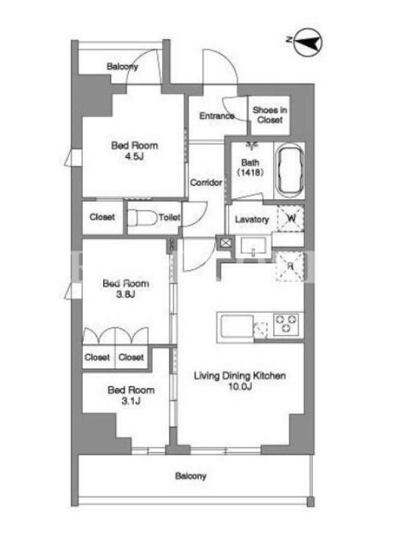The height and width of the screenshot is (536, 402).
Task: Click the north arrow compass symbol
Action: pos(308,42)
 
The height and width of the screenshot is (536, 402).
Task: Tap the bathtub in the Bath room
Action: pos(290,171)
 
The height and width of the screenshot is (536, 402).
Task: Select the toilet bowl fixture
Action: pos(142,217)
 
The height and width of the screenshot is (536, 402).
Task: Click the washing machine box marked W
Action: pos(290,218)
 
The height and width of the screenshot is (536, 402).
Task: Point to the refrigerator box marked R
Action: pos(290,266)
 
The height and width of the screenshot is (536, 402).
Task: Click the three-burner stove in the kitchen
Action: pos(286,324)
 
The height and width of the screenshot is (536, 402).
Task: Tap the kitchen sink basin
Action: pos(237,326)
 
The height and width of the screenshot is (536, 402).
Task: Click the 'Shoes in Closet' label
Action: pos(270,115)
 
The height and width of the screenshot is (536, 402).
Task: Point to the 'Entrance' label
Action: pos(216,116)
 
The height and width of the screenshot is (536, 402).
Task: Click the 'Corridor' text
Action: pos(206,182)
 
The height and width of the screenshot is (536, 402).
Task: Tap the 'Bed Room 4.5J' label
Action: pos(135,151)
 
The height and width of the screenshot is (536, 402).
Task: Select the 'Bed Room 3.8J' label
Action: pos(126,289)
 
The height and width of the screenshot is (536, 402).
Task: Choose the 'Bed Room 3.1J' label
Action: pos(131,395)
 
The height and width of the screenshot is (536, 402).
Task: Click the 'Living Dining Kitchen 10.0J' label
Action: pos(240,381)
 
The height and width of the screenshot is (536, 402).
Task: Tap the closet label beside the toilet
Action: pos(103,217)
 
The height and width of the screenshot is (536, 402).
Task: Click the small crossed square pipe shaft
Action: pos(226,243)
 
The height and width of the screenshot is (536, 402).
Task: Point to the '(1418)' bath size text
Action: pos(250,172)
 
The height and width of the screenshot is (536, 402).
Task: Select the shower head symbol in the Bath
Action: pos(252,145)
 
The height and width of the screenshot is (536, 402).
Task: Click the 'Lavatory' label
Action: pos(252,220)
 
